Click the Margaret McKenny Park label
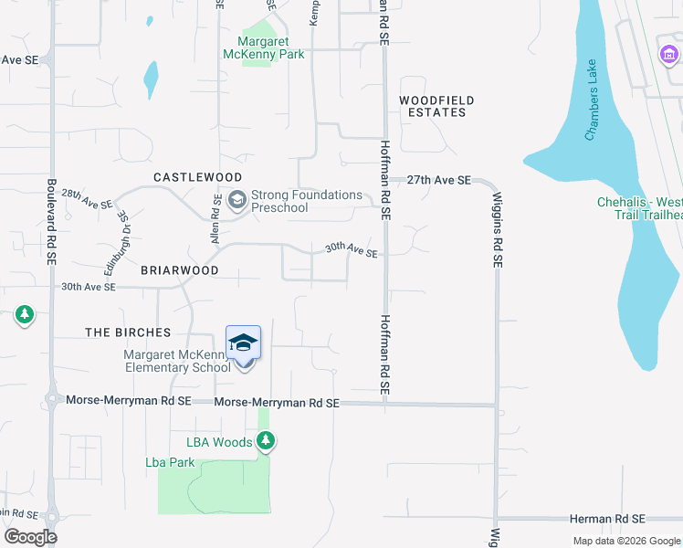pyautogui.click(x=264, y=47)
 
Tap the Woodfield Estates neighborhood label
pyautogui.click(x=433, y=106)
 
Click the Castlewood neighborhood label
pyautogui.click(x=197, y=177)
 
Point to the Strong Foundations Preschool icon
pyautogui.click(x=237, y=199)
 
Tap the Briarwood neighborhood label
pyautogui.click(x=179, y=271)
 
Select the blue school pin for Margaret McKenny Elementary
pyautogui.click(x=243, y=344)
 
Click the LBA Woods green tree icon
pyautogui.click(x=266, y=442)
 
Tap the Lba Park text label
pyautogui.click(x=170, y=463)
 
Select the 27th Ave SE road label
pyautogui.click(x=439, y=181)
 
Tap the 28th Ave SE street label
pyautogui.click(x=88, y=200)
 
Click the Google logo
pyautogui.click(x=30, y=536)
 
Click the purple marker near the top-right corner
pyautogui.click(x=667, y=56)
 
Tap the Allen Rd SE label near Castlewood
pyautogui.click(x=217, y=218)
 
